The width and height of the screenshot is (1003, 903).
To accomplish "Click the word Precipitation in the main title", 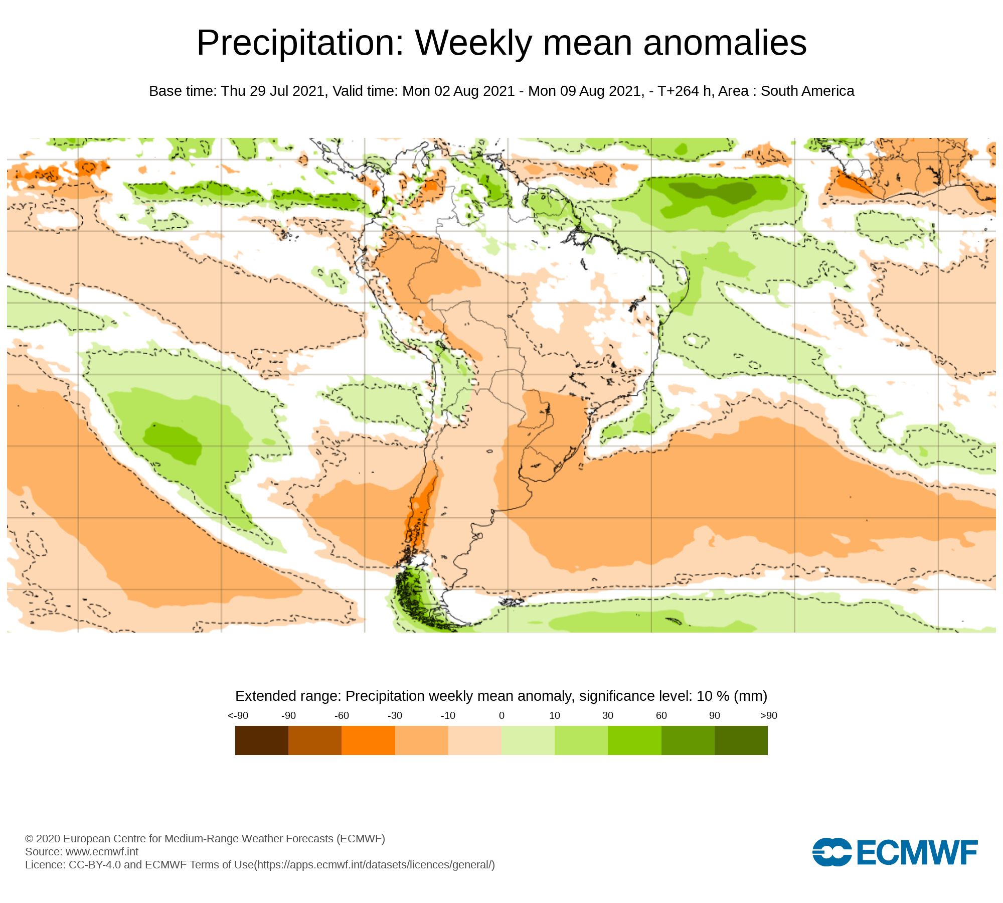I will coord(300,43).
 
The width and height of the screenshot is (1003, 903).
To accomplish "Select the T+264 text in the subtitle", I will coord(678,91).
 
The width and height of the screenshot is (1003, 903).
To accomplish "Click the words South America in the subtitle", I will coord(807,91).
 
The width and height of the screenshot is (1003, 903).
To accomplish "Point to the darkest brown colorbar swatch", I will coord(262,740).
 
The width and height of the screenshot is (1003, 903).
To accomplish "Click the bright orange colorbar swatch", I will coord(368,740).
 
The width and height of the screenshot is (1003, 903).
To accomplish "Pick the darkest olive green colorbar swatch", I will coord(741,740).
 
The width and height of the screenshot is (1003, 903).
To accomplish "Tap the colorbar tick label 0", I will coord(501,716).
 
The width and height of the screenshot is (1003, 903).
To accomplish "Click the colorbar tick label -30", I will coord(395,716).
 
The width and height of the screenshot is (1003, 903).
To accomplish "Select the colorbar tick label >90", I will coord(768,716).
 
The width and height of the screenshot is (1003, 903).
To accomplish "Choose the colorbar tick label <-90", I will coord(238,716).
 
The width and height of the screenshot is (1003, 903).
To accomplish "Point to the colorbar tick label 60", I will coord(661,716).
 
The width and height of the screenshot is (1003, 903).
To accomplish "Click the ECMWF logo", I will coord(895,852).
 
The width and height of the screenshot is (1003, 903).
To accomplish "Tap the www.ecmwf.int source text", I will coord(102,852).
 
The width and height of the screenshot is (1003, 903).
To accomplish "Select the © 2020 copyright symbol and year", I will coord(42,839).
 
